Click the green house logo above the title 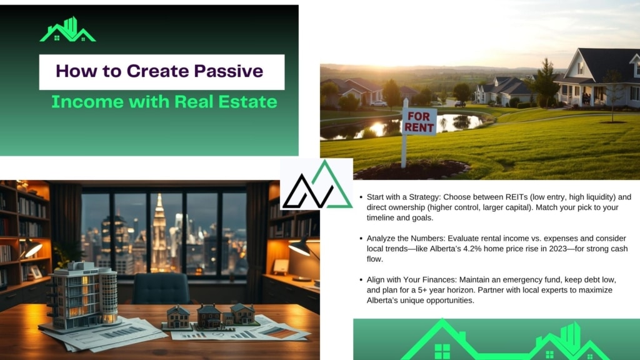pyautogui.click(x=67, y=29)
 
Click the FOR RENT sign pyautogui.click(x=419, y=122)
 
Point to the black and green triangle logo pyautogui.click(x=317, y=186)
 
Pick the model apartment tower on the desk pyautogui.click(x=82, y=296)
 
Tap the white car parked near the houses pyautogui.click(x=379, y=104)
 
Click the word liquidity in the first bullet pyautogui.click(x=601, y=197)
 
